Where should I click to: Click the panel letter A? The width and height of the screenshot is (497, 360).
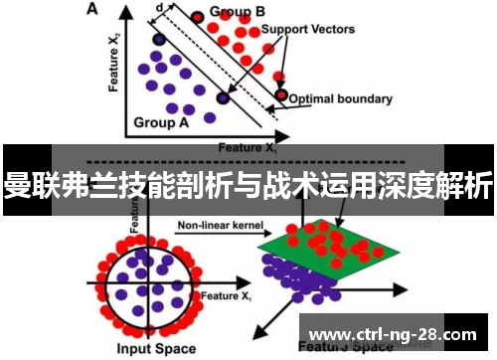pyautogui.click(x=93, y=10)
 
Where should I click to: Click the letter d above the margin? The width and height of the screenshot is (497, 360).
pyautogui.click(x=160, y=7)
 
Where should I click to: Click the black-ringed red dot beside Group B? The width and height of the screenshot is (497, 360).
pyautogui.click(x=198, y=16)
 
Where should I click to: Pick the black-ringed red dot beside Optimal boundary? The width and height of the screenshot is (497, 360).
pyautogui.click(x=282, y=96)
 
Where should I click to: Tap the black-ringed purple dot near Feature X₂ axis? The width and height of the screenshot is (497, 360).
pyautogui.click(x=158, y=40)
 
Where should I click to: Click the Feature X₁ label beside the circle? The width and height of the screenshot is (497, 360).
pyautogui.click(x=227, y=296)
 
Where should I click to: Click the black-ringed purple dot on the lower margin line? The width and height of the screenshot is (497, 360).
pyautogui.click(x=222, y=98)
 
